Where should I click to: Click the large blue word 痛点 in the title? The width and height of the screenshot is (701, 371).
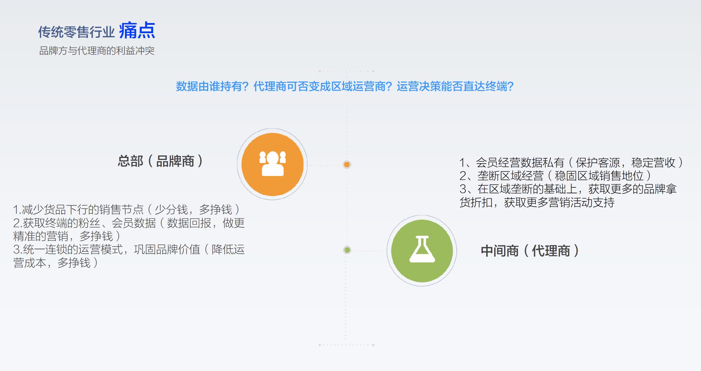pos(137,31)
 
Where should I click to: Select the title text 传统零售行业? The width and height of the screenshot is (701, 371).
pos(76,32)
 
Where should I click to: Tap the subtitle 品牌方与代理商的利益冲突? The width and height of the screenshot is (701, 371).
pos(97,51)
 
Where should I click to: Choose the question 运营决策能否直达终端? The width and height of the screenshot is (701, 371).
pos(455,86)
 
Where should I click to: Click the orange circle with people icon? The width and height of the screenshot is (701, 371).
pos(273,164)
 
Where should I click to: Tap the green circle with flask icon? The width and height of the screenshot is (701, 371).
pos(422,251)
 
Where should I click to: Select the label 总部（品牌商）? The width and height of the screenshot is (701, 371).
pos(160,161)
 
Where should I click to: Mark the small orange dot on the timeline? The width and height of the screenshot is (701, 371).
pos(347,164)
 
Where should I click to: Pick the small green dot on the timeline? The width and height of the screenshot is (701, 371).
pos(347,250)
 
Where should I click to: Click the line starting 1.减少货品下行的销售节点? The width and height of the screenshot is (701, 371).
pos(127,209)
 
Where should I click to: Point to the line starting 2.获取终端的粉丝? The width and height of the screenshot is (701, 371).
pos(129,223)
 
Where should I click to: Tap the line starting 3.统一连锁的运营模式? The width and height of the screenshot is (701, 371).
pos(129,250)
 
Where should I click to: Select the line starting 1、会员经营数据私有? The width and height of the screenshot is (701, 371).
pos(571,162)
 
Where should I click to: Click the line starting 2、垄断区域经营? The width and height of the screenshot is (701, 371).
pos(555,176)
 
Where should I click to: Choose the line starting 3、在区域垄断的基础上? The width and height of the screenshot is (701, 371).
pos(568,189)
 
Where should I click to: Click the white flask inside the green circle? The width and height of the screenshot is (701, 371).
pos(422,249)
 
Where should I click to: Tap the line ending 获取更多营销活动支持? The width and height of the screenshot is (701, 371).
pos(537,203)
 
